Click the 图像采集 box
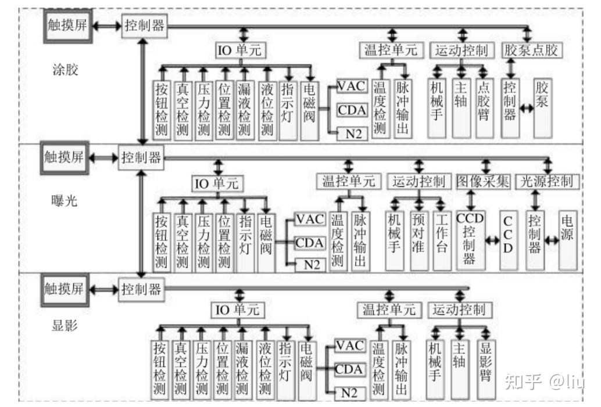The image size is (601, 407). (482, 181)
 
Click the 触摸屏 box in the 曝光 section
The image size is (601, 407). (64, 157)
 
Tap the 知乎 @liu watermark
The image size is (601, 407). (545, 381)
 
